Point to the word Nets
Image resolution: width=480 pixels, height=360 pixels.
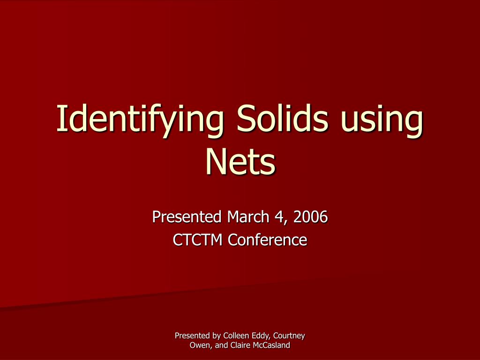pyautogui.click(x=240, y=161)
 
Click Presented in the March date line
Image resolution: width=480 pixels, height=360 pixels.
pyautogui.click(x=187, y=217)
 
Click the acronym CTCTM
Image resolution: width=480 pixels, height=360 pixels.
pyautogui.click(x=198, y=240)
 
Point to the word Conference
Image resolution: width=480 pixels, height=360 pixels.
pyautogui.click(x=268, y=240)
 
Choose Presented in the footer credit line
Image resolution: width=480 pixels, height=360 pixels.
pyautogui.click(x=192, y=336)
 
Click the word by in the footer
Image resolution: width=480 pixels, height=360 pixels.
pyautogui.click(x=216, y=336)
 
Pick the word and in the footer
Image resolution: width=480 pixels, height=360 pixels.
pyautogui.click(x=222, y=345)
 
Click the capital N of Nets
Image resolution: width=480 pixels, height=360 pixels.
pyautogui.click(x=215, y=161)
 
